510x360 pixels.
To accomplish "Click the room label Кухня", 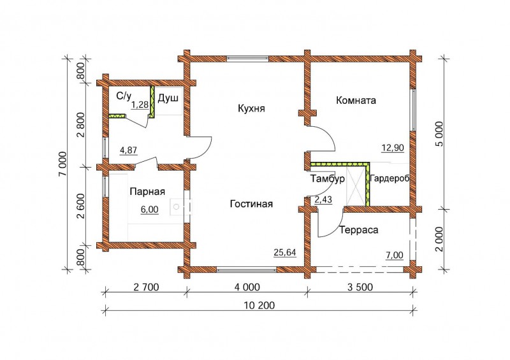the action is click(251, 108).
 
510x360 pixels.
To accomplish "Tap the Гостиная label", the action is click(251, 204).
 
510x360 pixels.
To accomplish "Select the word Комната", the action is click(356, 100).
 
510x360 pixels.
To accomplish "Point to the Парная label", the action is click(147, 192).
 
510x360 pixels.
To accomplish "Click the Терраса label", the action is click(359, 230).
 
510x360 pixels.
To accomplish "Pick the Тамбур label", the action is click(327, 179).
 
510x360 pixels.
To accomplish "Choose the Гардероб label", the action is click(390, 178).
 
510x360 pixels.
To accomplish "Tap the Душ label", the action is click(168, 98).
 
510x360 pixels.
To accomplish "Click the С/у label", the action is click(124, 96).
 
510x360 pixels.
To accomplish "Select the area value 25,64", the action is click(285, 252).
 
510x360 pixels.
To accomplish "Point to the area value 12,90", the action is click(393, 148).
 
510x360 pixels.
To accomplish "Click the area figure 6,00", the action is click(150, 210).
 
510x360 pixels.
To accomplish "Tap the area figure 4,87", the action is click(129, 150).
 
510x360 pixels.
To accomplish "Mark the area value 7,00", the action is click(394, 256).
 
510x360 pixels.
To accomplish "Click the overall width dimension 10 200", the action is click(259, 305).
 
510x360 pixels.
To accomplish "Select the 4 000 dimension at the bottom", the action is click(247, 287).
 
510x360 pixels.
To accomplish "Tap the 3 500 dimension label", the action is click(360, 287).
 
